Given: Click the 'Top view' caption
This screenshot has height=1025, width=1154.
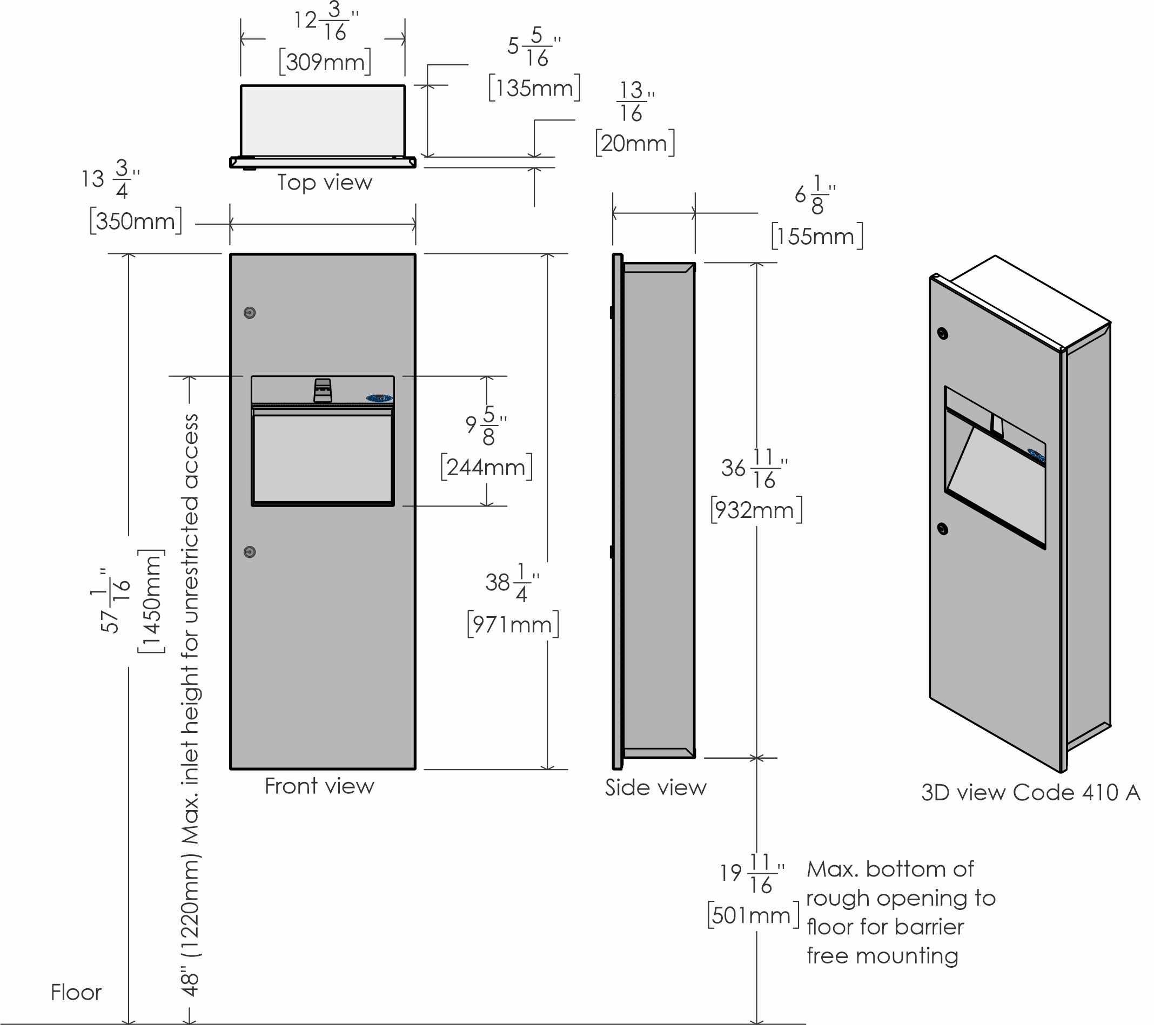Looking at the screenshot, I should click(325, 183).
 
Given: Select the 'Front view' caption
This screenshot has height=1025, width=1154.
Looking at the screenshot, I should click(319, 786).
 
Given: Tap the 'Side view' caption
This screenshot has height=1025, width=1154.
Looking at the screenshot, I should click(655, 787).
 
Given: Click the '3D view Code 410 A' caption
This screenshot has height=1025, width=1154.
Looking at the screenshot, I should click(1030, 792).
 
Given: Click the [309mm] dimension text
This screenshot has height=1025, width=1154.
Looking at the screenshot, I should click(325, 62).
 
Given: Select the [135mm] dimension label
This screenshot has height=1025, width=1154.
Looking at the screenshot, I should click(534, 88).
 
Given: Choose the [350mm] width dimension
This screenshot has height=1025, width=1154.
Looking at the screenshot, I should click(136, 221).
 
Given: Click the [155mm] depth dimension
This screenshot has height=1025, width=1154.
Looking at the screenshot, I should click(817, 237).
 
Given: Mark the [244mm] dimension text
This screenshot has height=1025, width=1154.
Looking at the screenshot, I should click(486, 467).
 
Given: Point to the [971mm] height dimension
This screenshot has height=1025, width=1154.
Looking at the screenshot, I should click(513, 625).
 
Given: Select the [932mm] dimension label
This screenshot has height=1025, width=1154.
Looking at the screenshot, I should click(756, 510).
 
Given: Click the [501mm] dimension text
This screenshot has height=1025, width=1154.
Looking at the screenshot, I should click(753, 915).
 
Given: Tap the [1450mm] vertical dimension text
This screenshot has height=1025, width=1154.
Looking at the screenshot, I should click(151, 601).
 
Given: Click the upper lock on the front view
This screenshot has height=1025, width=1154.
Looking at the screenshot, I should click(250, 313).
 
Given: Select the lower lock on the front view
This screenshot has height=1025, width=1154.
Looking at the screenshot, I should click(250, 552).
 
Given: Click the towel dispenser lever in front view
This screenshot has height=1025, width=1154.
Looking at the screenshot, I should click(323, 390).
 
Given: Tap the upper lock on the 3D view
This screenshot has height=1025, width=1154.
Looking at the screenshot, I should click(942, 334).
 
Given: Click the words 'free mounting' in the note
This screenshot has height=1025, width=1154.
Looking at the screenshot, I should click(882, 956).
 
